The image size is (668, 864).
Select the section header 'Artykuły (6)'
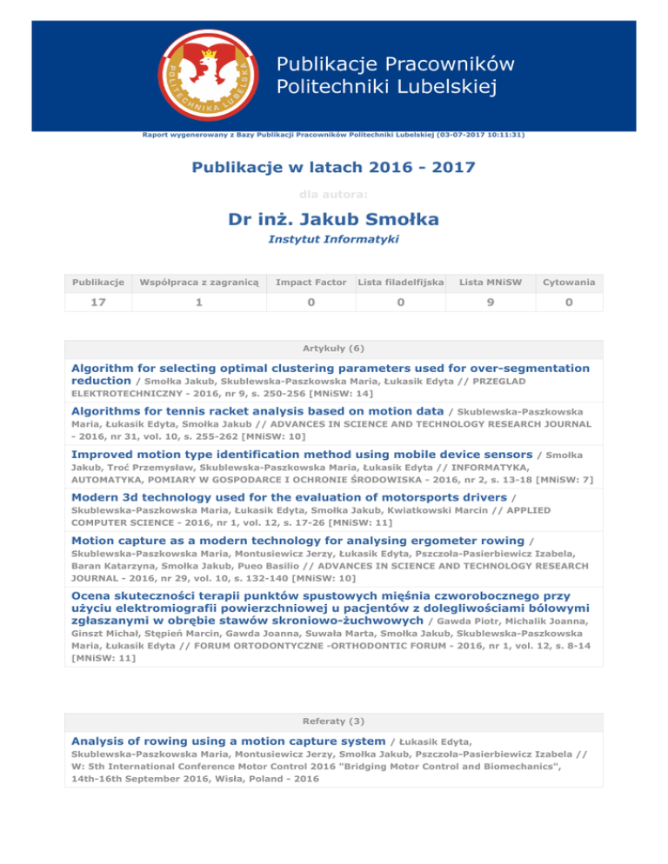click(334, 349)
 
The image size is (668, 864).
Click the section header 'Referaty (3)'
click(334, 721)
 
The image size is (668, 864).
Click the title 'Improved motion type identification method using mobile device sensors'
click(302, 455)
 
